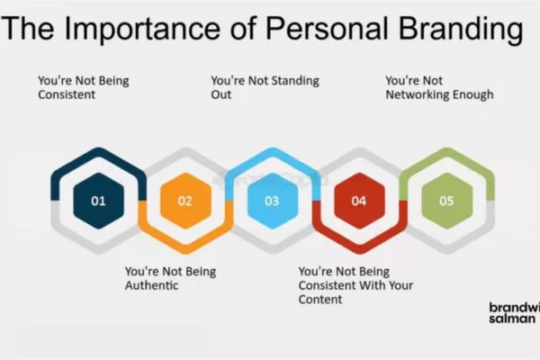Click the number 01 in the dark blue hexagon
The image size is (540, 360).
point(98,201)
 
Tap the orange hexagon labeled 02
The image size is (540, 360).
point(184,201)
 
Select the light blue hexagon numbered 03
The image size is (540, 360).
point(272,201)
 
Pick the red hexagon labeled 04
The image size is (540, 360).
point(358,201)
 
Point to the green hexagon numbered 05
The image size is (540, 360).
point(446,201)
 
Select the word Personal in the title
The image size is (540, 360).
point(317,29)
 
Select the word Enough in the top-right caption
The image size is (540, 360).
point(473,94)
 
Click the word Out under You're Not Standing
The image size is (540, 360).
point(221,94)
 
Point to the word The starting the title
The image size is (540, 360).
point(31,29)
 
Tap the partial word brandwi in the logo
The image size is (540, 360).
point(514,306)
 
